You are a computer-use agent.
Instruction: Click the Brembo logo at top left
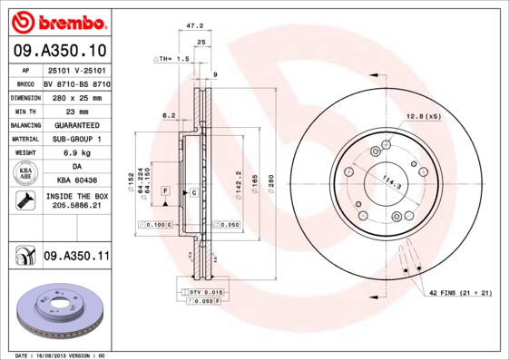[58, 20]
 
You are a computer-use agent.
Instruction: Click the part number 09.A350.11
[76, 257]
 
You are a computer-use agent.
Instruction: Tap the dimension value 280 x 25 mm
[76, 95]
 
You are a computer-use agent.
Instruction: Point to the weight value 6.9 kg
[76, 153]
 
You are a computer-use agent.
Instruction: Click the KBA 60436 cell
[76, 181]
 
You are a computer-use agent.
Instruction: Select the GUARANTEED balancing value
[76, 124]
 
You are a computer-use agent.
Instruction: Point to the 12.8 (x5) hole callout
[424, 116]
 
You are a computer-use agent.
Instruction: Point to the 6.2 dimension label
[169, 116]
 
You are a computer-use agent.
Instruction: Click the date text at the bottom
[62, 355]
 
